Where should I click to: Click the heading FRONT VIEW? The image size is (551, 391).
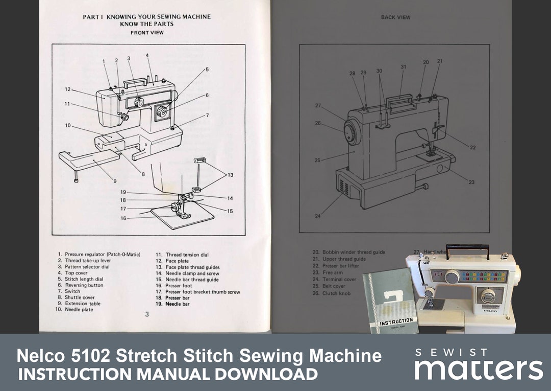(x=146, y=33)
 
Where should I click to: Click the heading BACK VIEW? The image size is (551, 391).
(x=395, y=17)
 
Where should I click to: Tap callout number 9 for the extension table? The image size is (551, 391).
(x=115, y=181)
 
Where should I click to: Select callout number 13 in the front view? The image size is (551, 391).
(x=230, y=175)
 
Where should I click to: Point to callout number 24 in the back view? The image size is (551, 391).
(x=318, y=216)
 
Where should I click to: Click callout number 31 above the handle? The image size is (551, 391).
(x=403, y=67)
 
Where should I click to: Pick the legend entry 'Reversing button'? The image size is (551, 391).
(x=84, y=285)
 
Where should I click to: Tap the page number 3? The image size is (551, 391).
(x=147, y=314)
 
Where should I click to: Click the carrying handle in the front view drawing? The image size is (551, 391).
(x=134, y=82)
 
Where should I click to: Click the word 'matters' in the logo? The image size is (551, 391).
(x=479, y=370)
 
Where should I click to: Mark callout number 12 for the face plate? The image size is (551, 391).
(x=67, y=89)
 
